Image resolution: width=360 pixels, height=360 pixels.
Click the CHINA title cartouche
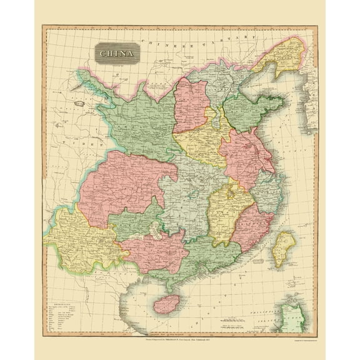pyautogui.click(x=118, y=52)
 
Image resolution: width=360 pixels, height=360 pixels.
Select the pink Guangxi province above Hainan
pyautogui.click(x=156, y=250)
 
